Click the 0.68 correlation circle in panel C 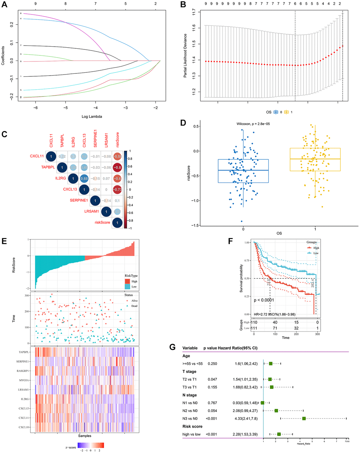[x=84, y=178]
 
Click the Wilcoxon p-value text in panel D [x=253, y=124]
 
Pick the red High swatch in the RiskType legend [x=127, y=281]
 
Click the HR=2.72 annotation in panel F [x=275, y=314]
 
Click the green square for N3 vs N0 [x=304, y=419]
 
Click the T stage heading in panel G [x=190, y=371]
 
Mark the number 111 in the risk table [x=254, y=328]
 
